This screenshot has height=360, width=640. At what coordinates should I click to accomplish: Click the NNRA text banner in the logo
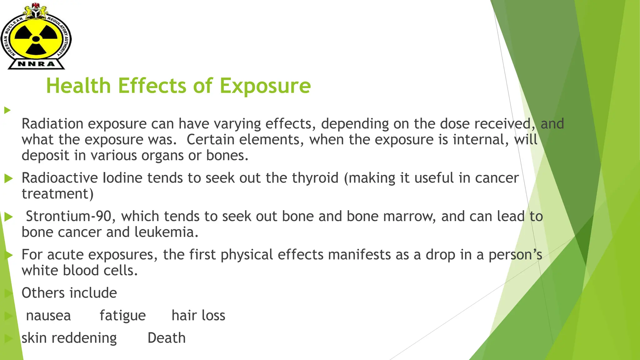36,64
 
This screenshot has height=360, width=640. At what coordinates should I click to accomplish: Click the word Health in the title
78,86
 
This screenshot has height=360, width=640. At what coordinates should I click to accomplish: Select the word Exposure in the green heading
265,86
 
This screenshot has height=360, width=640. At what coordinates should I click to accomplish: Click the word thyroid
315,178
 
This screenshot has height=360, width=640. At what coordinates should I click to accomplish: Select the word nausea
48,315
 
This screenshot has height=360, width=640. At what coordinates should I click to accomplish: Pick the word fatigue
122,315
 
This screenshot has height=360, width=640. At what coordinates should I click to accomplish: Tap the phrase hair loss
198,315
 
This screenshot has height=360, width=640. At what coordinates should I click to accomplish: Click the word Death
167,338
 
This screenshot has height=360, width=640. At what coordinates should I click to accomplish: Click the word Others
43,293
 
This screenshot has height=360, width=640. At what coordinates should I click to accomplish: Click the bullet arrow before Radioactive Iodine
8,178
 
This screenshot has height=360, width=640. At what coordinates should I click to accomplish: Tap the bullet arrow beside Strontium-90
8,217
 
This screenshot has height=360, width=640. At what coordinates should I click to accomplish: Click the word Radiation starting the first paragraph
52,124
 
